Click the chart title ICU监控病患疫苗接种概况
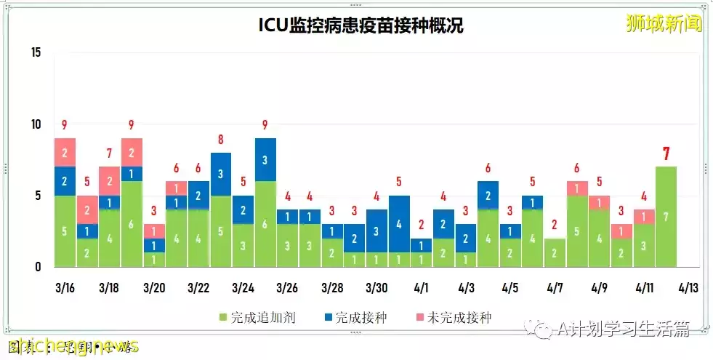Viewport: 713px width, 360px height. tap(361, 25)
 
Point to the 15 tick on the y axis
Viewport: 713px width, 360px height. tap(36, 53)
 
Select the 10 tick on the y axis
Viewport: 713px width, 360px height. tap(36, 124)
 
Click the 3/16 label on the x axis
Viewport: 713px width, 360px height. tap(65, 288)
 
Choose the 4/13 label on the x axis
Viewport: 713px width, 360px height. tap(688, 288)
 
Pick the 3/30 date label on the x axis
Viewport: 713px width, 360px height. tap(376, 288)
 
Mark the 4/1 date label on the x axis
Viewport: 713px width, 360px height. tap(422, 288)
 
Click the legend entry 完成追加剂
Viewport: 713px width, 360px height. tap(258, 318)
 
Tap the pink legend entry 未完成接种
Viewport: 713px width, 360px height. tap(455, 318)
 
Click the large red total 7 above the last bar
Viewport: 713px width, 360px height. tap(666, 154)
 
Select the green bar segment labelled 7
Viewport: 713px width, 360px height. tap(666, 217)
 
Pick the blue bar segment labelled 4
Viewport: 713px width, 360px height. tap(399, 224)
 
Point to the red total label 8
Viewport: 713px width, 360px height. tap(221, 140)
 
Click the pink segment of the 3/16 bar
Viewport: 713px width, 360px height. tap(65, 152)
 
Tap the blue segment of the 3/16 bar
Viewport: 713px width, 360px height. tap(65, 181)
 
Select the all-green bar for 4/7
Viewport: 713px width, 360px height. tap(555, 252)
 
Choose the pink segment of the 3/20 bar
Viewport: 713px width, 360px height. tap(154, 231)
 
